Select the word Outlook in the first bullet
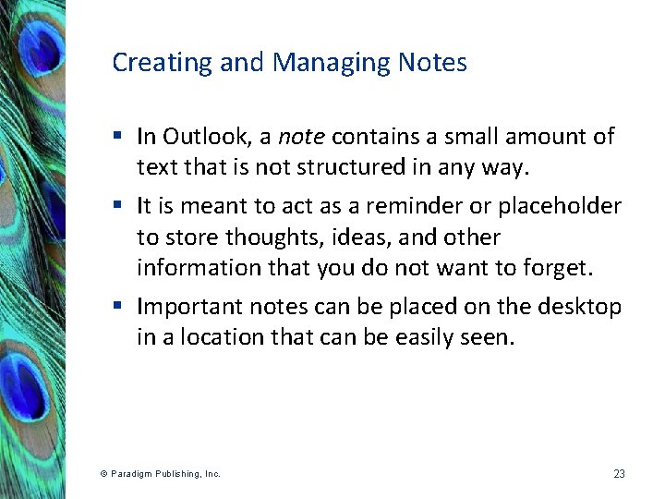pos(207,138)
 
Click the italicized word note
pos(301,138)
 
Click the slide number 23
pos(619,474)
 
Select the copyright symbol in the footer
pos(103,474)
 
